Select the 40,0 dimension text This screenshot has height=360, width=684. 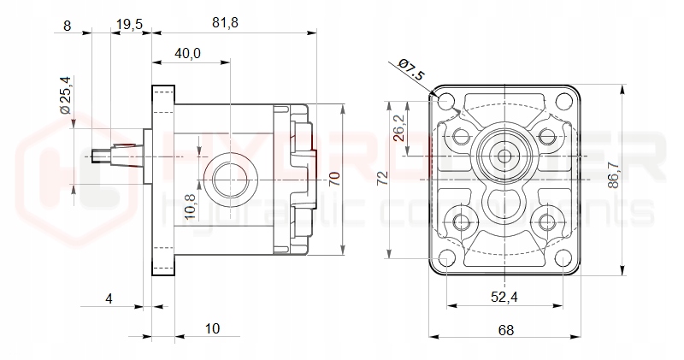pyautogui.click(x=187, y=53)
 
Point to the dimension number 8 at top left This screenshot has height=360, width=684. pyautogui.click(x=68, y=25)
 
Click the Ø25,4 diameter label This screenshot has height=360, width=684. pyautogui.click(x=64, y=95)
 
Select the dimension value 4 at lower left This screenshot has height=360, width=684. pyautogui.click(x=109, y=298)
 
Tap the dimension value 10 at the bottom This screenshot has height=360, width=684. pyautogui.click(x=213, y=328)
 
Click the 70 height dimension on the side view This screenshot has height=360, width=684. pyautogui.click(x=334, y=179)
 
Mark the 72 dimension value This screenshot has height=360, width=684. pyautogui.click(x=382, y=179)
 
